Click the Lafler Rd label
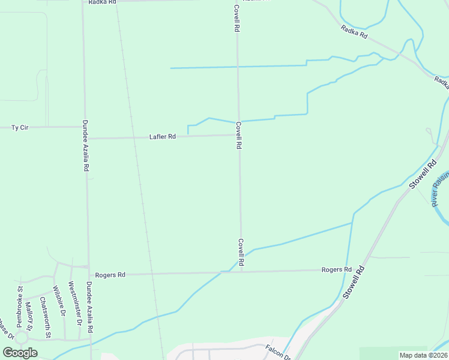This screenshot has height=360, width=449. click(x=162, y=137)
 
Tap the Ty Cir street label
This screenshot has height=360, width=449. click(x=20, y=127)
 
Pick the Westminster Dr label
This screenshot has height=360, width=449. click(x=74, y=303)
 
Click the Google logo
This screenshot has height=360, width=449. click(x=20, y=353)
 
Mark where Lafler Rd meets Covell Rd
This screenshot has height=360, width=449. click(x=238, y=135)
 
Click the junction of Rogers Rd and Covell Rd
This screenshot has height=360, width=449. click(x=242, y=271)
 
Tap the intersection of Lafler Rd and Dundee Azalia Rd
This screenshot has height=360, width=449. click(x=86, y=139)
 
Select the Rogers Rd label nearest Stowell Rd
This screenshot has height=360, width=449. click(x=336, y=269)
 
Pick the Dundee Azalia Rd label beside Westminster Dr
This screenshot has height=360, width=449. click(x=89, y=307)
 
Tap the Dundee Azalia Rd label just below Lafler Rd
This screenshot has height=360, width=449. click(x=85, y=155)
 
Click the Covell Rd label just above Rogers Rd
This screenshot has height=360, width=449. click(x=241, y=252)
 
